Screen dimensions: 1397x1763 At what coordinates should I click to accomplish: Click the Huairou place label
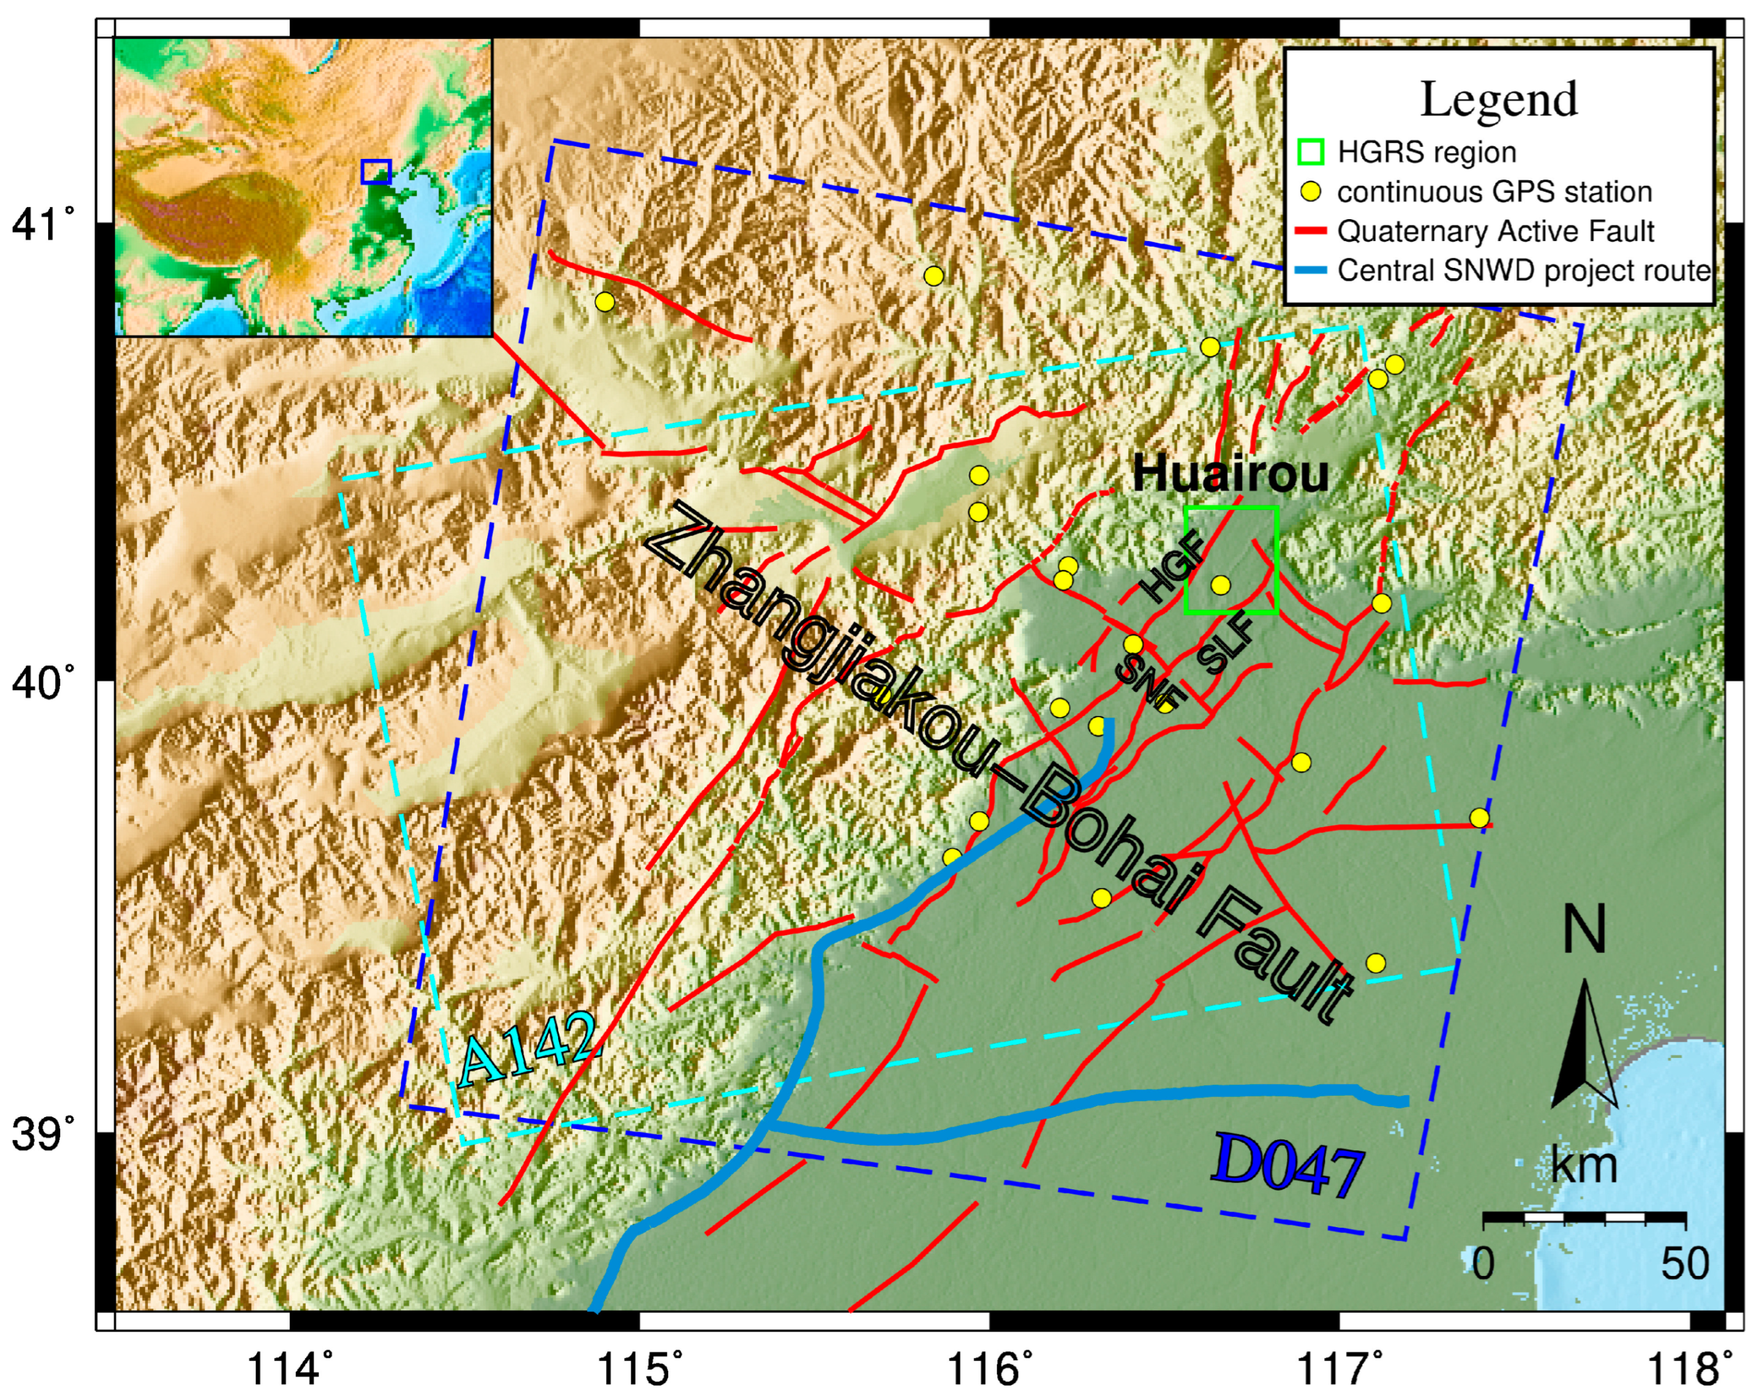pyautogui.click(x=1230, y=474)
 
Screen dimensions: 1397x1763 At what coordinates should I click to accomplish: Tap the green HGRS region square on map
pyautogui.click(x=1231, y=559)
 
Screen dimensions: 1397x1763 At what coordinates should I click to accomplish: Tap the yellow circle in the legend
pyautogui.click(x=1310, y=192)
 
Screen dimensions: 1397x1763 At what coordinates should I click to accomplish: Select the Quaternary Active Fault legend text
pyautogui.click(x=1496, y=231)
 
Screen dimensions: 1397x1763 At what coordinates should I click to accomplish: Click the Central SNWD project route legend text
pyautogui.click(x=1523, y=270)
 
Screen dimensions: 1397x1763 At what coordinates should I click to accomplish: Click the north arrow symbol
pyautogui.click(x=1584, y=1047)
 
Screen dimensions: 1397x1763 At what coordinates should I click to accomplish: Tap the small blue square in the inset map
pyautogui.click(x=375, y=171)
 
